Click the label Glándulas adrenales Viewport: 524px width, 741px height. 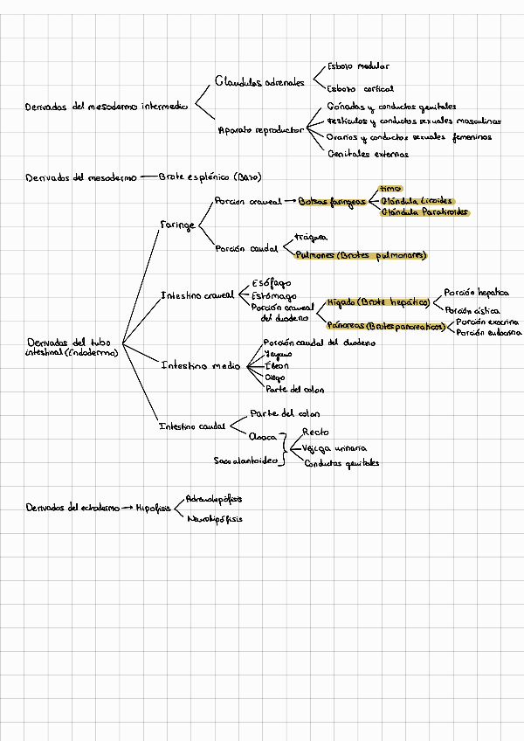pos(259,81)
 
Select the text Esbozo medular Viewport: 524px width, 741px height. pos(358,66)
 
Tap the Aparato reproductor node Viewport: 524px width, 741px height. pos(260,130)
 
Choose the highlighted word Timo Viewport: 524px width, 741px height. pos(390,188)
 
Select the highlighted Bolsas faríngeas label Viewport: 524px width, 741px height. pos(331,201)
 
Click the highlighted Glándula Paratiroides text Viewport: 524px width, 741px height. pos(424,211)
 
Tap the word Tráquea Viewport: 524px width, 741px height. pos(311,237)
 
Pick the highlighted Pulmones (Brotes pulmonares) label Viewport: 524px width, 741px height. pos(362,256)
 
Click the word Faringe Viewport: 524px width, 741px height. pos(177,225)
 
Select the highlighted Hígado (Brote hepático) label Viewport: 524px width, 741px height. pos(378,302)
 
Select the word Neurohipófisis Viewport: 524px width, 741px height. pos(214,518)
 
